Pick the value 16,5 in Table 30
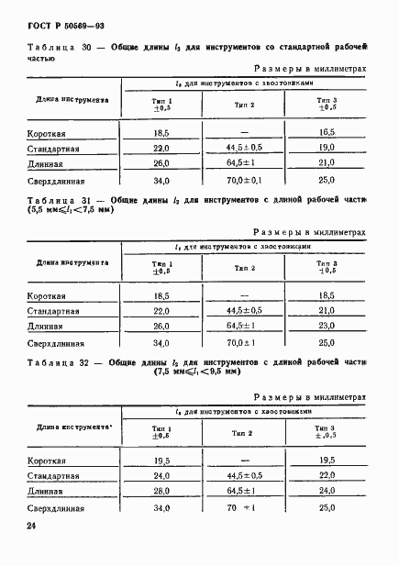327,133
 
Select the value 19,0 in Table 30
327,148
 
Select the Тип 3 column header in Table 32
327,431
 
